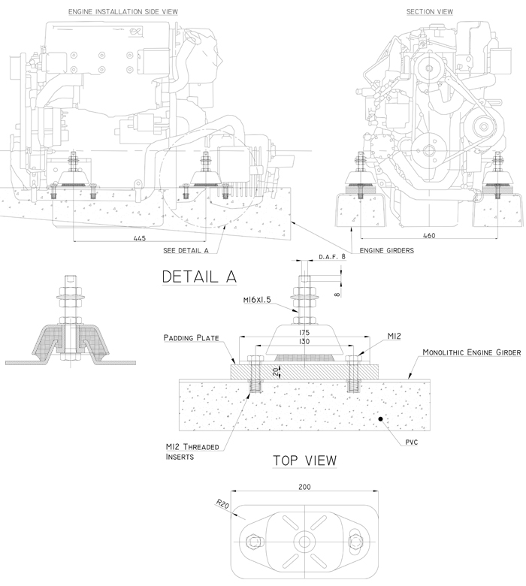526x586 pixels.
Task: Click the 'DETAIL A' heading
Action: (x=200, y=276)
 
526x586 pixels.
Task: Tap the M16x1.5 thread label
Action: (x=257, y=301)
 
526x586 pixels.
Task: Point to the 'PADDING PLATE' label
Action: (x=192, y=339)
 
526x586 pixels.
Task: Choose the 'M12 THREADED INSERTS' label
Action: (x=192, y=452)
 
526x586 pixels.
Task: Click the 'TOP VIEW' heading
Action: (x=304, y=460)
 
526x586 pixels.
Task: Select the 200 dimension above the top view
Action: (x=304, y=487)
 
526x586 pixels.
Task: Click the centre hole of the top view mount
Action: (x=304, y=541)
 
